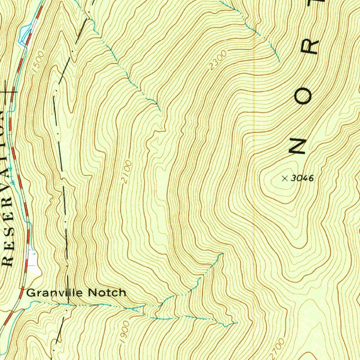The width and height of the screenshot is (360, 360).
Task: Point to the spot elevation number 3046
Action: tap(302, 178)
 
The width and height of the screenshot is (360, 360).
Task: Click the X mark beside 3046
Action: tap(284, 179)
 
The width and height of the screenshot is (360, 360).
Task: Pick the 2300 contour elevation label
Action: tap(218, 60)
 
